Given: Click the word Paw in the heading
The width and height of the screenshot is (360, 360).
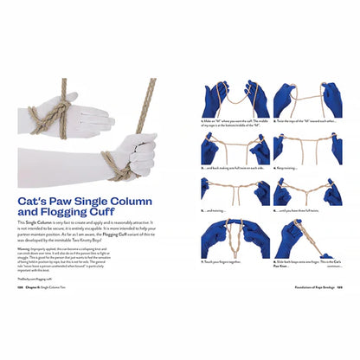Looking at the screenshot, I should pos(70,196).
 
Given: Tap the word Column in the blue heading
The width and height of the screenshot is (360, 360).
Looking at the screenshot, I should pos(145,196).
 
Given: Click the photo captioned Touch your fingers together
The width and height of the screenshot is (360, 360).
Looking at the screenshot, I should pos(235,237).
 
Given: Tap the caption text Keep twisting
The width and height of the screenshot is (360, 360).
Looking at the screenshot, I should pos(290,167).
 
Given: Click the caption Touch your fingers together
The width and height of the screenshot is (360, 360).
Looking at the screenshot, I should pos(228,260).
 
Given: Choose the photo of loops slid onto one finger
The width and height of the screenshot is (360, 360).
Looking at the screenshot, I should pos(308,237).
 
